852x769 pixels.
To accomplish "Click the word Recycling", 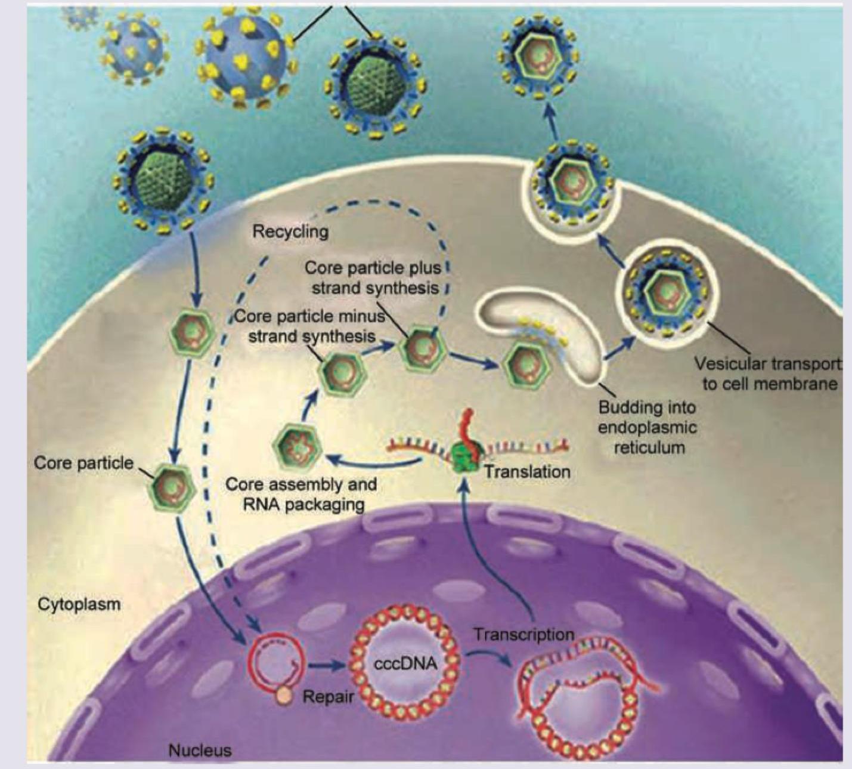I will (290, 231).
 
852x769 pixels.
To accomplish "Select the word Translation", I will (526, 472).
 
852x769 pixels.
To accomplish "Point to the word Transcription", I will (524, 634).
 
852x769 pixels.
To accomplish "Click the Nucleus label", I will (200, 750).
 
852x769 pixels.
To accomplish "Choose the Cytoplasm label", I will (79, 604).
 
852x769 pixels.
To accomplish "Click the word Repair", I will (328, 696).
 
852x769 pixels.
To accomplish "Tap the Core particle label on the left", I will (83, 463).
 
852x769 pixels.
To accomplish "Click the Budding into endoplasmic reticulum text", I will (647, 427).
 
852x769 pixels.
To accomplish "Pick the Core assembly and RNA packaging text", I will (301, 493).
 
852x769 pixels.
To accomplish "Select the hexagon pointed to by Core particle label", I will (171, 487).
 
